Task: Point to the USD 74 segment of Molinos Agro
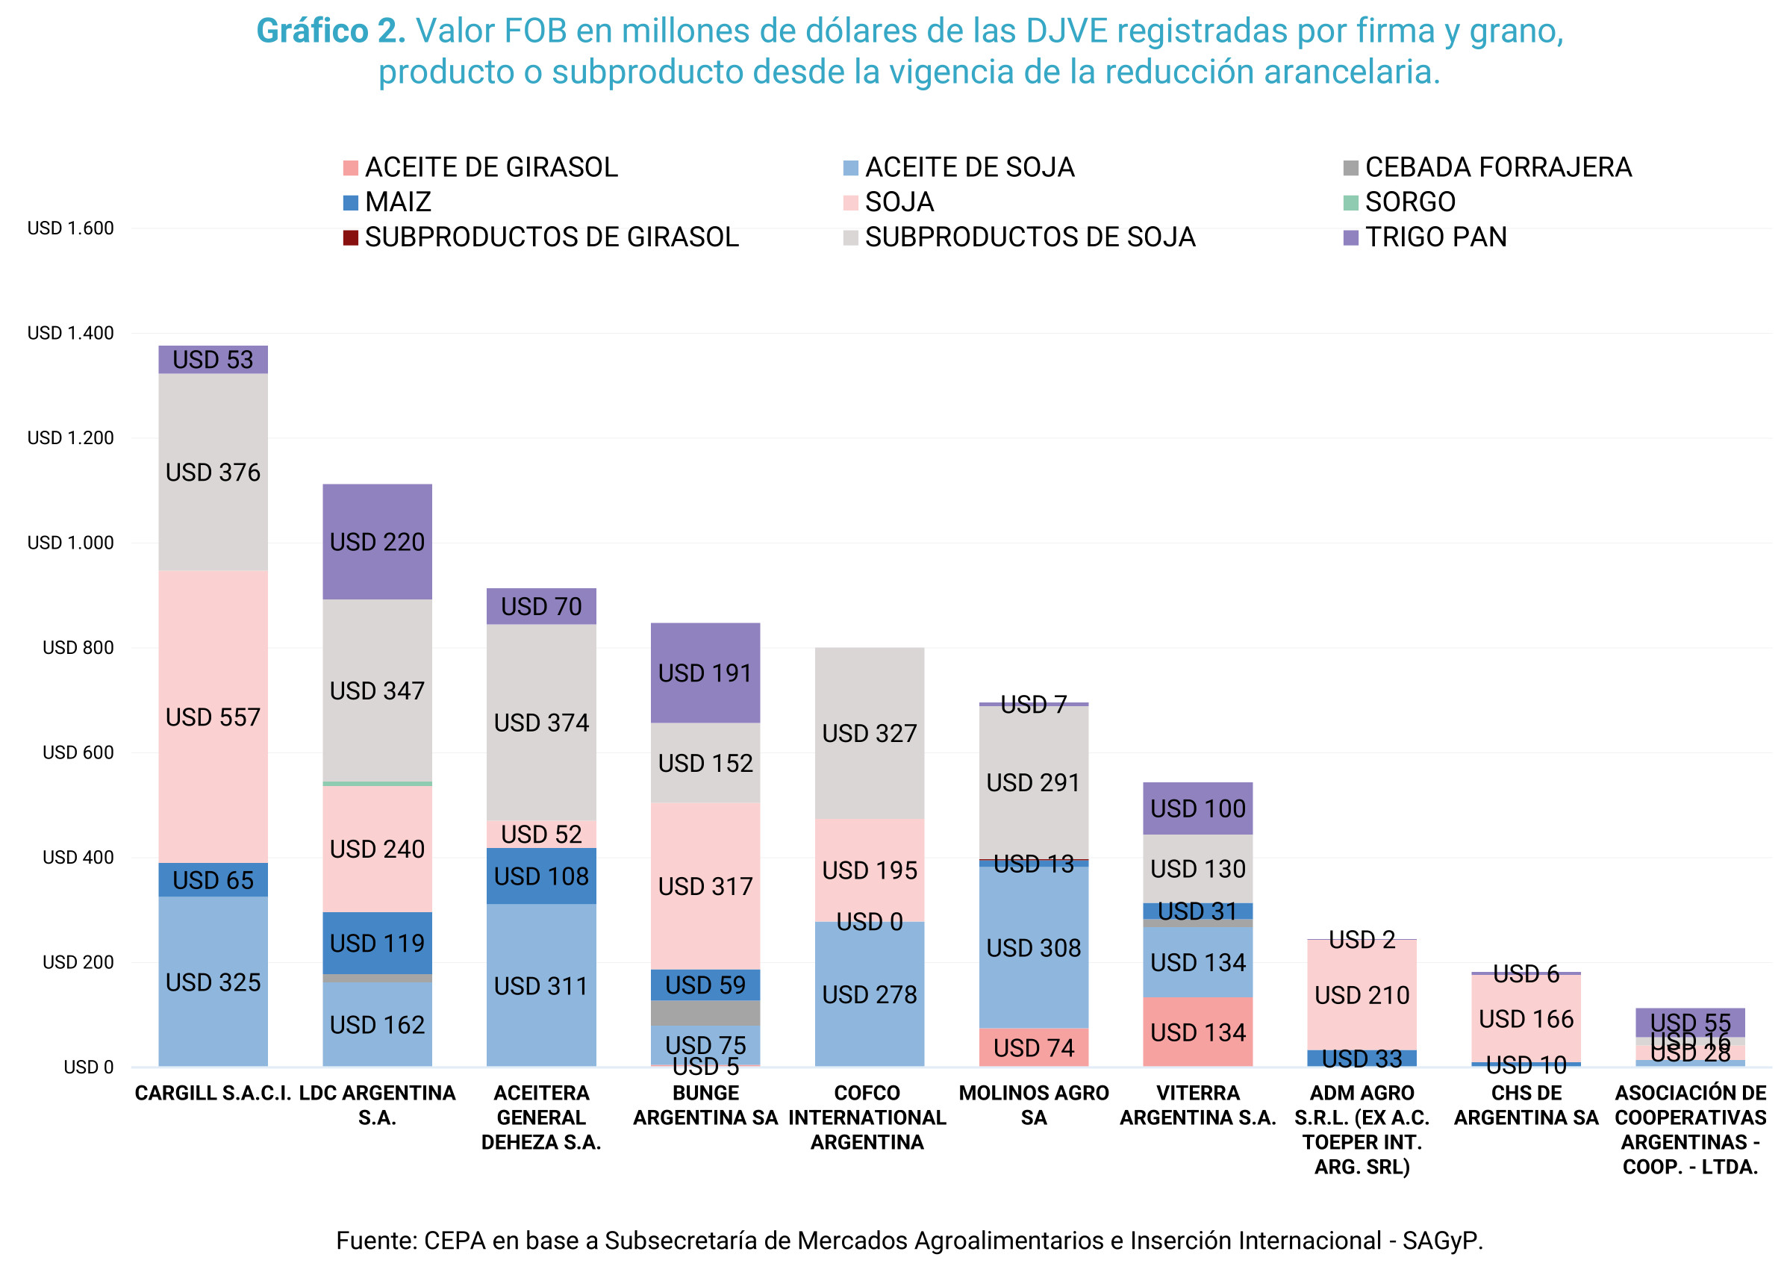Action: click(1033, 1047)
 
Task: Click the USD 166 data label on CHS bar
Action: click(1526, 1019)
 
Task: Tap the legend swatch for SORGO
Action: click(1351, 203)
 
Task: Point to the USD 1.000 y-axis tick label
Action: click(70, 543)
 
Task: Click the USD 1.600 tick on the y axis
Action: click(70, 228)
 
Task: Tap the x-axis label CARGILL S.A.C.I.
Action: click(213, 1094)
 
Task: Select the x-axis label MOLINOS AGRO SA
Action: click(1033, 1106)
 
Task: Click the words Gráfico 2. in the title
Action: click(331, 31)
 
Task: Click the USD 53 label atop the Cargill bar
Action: click(213, 360)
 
